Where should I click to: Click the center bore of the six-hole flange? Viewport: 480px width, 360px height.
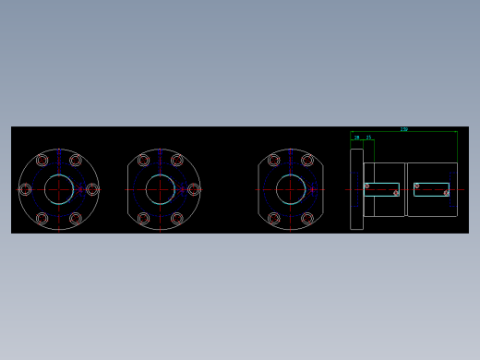[x=58, y=189]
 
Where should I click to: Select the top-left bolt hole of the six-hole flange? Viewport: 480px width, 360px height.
[x=42, y=160]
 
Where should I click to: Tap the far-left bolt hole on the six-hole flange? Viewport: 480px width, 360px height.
[x=25, y=189]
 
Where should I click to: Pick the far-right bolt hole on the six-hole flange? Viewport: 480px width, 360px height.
[x=91, y=189]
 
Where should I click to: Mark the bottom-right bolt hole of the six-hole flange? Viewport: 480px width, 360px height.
[x=75, y=219]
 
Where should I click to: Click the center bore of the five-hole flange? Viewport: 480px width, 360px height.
[x=160, y=189]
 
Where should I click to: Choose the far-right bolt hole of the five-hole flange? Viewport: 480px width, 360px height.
[x=193, y=189]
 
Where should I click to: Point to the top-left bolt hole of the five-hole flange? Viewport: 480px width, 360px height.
[x=143, y=160]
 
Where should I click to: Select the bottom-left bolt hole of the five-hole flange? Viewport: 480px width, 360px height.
[x=143, y=219]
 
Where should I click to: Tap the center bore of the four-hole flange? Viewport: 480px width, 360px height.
[x=290, y=189]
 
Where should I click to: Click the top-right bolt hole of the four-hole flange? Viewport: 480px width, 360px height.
[x=306, y=160]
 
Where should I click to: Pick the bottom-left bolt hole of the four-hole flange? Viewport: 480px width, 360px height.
[x=273, y=219]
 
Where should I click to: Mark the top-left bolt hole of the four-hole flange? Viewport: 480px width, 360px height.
[x=273, y=160]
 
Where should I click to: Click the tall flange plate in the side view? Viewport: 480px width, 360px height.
[x=356, y=189]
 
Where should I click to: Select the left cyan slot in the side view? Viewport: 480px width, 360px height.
[x=381, y=189]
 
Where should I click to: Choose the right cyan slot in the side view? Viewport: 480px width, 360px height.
[x=431, y=189]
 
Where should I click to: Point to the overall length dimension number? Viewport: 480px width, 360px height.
[x=403, y=129]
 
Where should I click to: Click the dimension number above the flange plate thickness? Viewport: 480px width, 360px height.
[x=356, y=138]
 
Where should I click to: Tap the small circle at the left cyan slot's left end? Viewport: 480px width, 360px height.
[x=366, y=186]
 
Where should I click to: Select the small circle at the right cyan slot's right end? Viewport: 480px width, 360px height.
[x=446, y=193]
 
